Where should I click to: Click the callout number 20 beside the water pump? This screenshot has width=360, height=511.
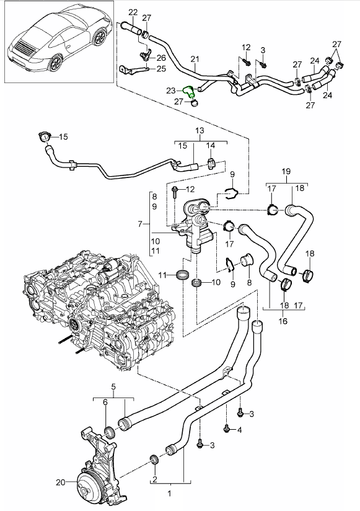click(61, 482)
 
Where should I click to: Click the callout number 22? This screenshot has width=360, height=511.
click(133, 12)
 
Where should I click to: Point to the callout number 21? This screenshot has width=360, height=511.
click(195, 59)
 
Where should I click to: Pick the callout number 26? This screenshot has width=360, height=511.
click(161, 58)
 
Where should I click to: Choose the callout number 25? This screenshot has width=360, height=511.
click(161, 68)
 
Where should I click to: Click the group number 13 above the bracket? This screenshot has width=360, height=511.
click(200, 131)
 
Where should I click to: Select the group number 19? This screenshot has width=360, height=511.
click(286, 171)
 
